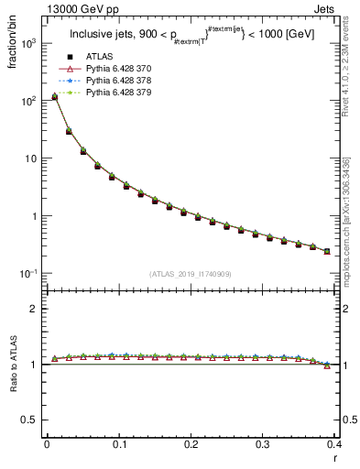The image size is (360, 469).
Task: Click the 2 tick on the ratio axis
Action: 37,309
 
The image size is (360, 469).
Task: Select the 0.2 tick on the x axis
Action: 191,444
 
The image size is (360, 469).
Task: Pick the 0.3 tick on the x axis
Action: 263,444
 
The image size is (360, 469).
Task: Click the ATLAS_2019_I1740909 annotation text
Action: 189,274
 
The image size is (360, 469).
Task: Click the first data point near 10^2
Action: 54,96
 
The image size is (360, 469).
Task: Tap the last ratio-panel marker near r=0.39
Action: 327,365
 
